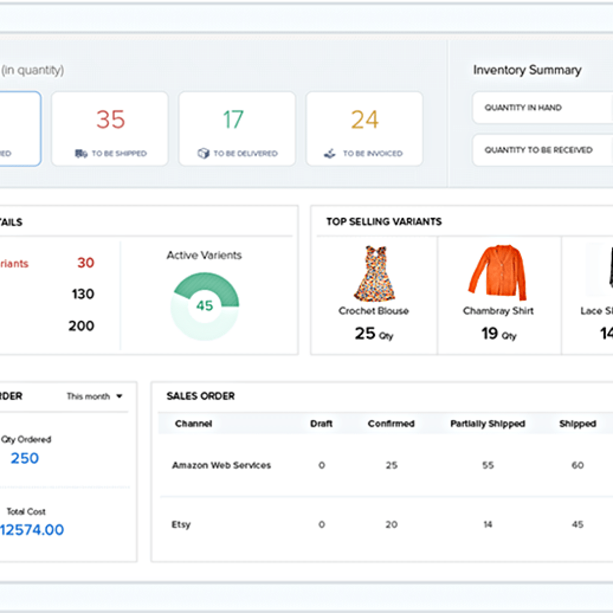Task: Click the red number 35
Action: pos(111,120)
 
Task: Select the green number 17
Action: pos(233,120)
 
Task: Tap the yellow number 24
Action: pos(365,120)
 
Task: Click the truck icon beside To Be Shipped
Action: pos(81,154)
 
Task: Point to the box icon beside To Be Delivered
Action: pos(204,154)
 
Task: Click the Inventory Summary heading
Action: pos(527,70)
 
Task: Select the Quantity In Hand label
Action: pos(523,108)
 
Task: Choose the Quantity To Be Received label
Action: pos(538,150)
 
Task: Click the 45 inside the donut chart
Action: pos(205,305)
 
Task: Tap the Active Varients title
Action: pos(204,255)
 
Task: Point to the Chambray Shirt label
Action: pos(498,311)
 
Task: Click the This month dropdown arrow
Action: pos(119,396)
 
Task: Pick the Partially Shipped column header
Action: pos(487,424)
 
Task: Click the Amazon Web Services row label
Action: pos(221,465)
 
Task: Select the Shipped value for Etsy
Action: pos(577,524)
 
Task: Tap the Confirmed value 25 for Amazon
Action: pos(392,465)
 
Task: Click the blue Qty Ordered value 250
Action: pos(25,459)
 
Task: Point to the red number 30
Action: pos(86,263)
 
